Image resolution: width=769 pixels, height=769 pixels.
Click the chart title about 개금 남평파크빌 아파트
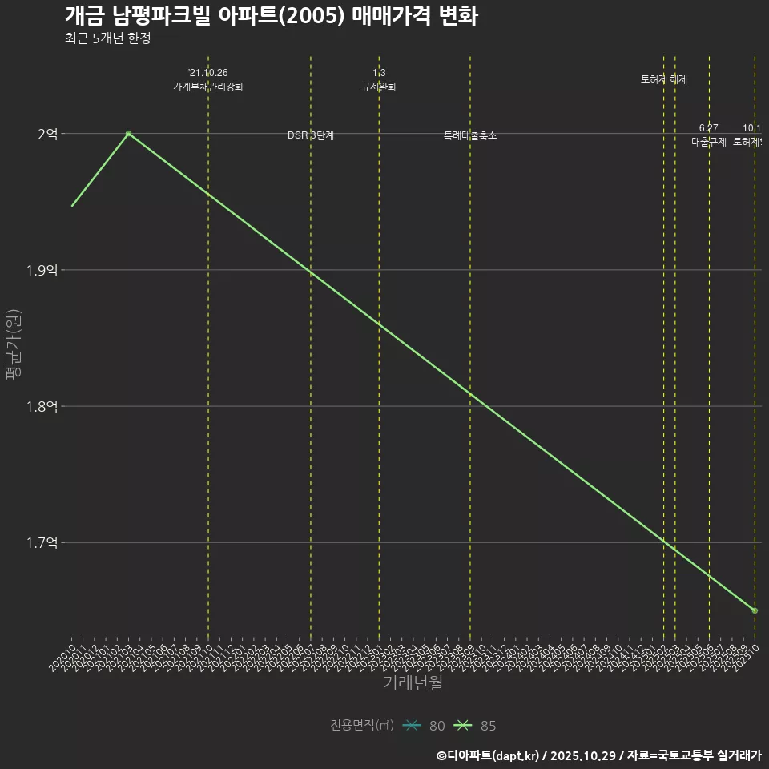tap(271, 16)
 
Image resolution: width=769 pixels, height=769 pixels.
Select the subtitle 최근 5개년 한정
tap(107, 38)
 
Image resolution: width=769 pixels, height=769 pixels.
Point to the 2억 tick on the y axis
tap(47, 135)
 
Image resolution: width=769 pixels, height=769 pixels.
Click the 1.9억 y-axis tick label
tap(42, 271)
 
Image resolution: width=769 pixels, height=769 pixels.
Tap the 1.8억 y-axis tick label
tap(42, 407)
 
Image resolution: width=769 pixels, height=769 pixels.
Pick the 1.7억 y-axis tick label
tap(42, 543)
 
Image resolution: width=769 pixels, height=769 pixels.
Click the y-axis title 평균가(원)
tap(12, 344)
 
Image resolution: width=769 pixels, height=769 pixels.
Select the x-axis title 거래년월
tap(413, 683)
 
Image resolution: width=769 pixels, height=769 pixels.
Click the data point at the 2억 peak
tap(128, 134)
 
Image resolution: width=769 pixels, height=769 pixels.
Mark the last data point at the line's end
tap(755, 610)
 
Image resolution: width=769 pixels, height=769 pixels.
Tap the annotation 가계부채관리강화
tap(208, 87)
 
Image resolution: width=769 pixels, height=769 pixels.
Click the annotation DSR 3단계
tap(311, 135)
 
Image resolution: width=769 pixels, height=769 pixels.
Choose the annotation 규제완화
tap(379, 87)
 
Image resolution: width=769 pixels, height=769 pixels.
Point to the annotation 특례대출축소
tap(470, 135)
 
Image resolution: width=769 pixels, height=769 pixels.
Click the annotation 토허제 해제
tap(664, 79)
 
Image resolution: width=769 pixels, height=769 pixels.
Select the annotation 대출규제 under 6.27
tap(709, 142)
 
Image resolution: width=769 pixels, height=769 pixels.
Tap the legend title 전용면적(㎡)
tap(361, 726)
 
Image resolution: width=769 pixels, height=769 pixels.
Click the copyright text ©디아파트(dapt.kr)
tap(489, 755)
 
